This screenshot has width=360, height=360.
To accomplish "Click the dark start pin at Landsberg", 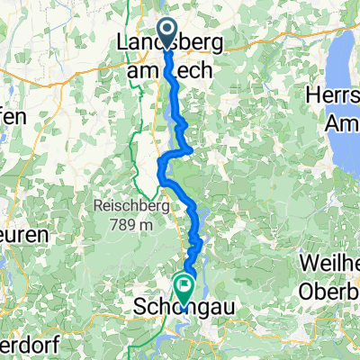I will [167, 31].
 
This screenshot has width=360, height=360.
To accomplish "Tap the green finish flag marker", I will [185, 287].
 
